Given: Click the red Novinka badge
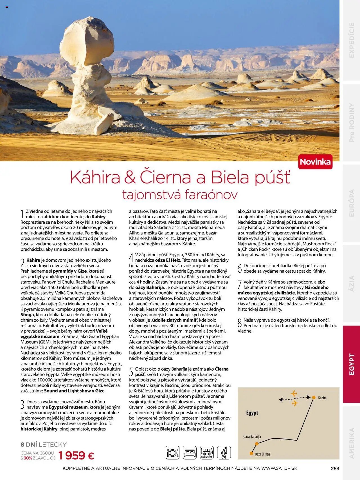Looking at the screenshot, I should coord(315,162).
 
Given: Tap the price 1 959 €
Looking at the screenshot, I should coord(76,455).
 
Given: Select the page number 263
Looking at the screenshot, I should coord(335,468).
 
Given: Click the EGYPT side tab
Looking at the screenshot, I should coord(352,364).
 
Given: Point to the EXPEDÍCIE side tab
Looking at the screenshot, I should coord(352,40).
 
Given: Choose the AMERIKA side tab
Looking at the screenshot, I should coord(352,443).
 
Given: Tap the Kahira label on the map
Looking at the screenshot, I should coord(322,398).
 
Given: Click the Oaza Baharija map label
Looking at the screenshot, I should coord(252,436).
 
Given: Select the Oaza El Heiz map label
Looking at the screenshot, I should coord(262,454).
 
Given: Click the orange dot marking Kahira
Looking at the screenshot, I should coord(314,397).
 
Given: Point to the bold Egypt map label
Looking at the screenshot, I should coord(252,413).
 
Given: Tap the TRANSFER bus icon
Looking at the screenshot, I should coord(207,453).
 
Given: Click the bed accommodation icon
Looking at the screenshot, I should coord(190,453).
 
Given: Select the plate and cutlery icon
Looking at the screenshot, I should coord(172,453).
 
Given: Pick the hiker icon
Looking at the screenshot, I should coord(224,453).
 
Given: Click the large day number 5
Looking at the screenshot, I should coord(131,372).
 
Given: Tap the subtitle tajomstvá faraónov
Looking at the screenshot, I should coord(180,194).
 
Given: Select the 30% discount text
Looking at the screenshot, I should coord(28,458).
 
